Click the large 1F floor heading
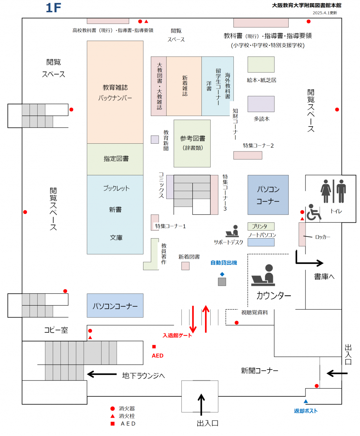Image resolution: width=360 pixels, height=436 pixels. pyautogui.click(x=53, y=8)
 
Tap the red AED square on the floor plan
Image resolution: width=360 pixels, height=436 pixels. pyautogui.click(x=154, y=347)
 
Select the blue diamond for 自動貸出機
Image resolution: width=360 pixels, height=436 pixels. pyautogui.click(x=222, y=274)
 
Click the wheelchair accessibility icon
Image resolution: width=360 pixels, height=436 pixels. pyautogui.click(x=314, y=212)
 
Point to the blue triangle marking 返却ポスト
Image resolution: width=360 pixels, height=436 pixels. pyautogui.click(x=306, y=401)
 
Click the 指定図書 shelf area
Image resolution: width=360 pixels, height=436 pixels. pyautogui.click(x=115, y=159)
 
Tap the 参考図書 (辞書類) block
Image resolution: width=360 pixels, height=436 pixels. pyautogui.click(x=192, y=143)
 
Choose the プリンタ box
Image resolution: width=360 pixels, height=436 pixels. pyautogui.click(x=261, y=226)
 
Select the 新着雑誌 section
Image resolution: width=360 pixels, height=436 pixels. pyautogui.click(x=184, y=86)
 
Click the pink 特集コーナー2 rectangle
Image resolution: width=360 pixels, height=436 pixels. pyautogui.click(x=248, y=155)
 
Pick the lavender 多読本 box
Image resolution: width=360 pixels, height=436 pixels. pyautogui.click(x=261, y=104)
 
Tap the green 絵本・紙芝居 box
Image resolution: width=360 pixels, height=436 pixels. pyautogui.click(x=261, y=65)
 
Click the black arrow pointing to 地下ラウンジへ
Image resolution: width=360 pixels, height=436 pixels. pyautogui.click(x=102, y=374)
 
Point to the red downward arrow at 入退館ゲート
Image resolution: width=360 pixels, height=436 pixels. pyautogui.click(x=193, y=319)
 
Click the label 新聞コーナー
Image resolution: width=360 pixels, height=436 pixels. pyautogui.click(x=259, y=371)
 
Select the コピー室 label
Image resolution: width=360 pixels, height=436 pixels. pyautogui.click(x=56, y=330)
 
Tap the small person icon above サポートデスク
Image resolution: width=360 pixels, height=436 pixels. pyautogui.click(x=232, y=231)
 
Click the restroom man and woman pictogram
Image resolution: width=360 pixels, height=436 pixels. pyautogui.click(x=333, y=191)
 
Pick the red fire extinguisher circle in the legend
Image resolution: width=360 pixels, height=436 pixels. pyautogui.click(x=112, y=409)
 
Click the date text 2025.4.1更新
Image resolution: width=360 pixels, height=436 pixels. pyautogui.click(x=325, y=13)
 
